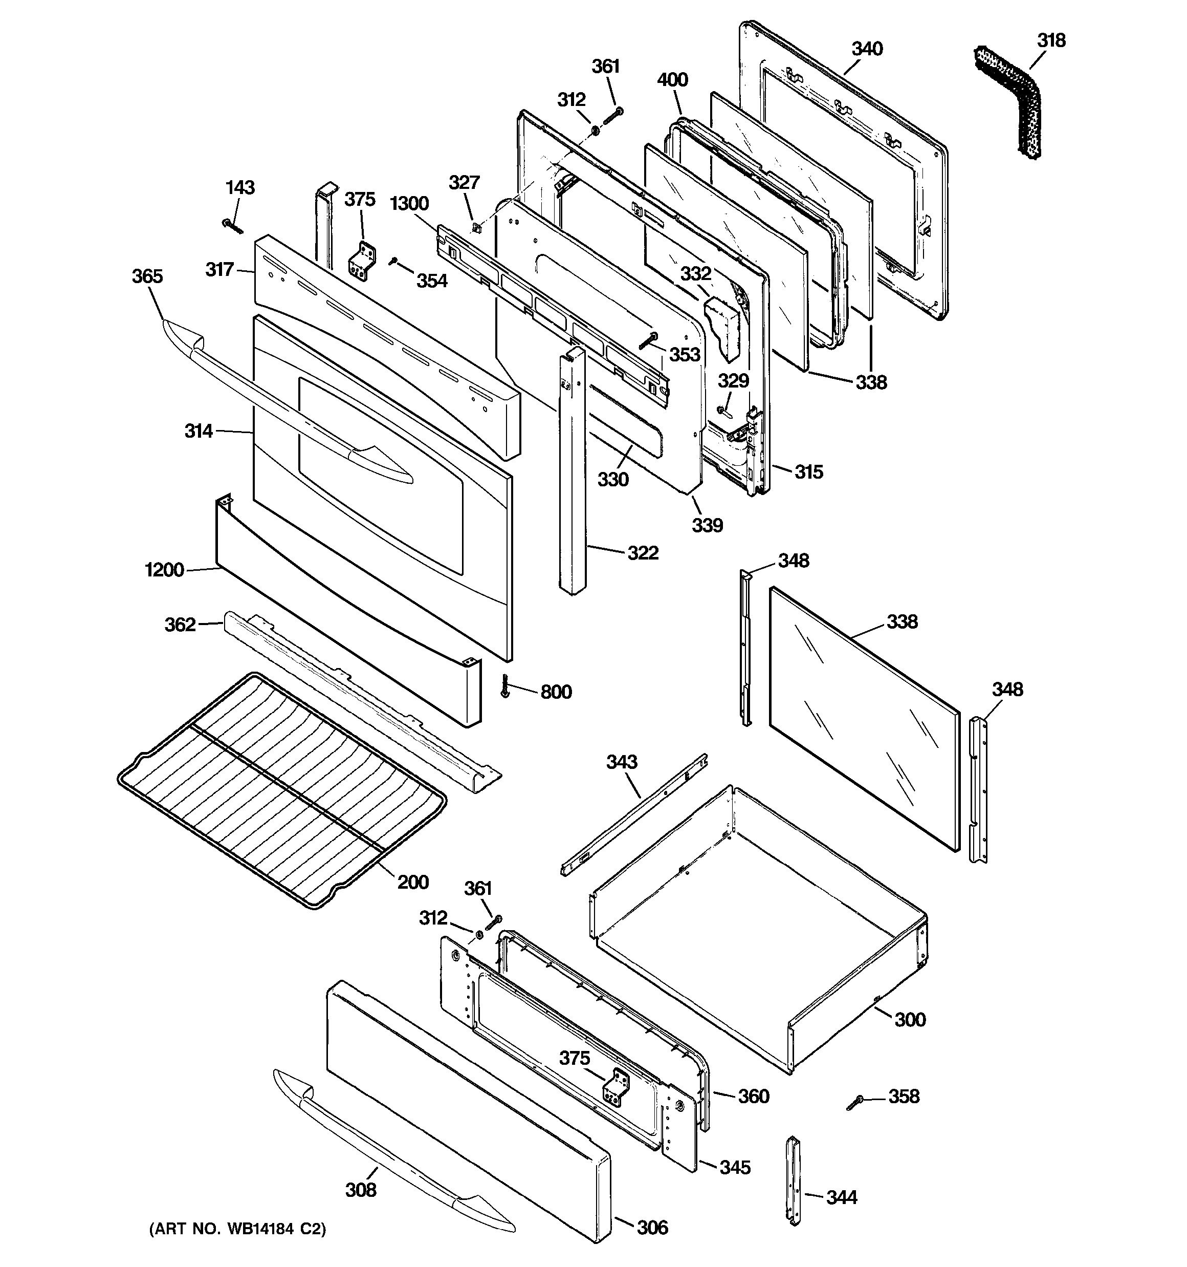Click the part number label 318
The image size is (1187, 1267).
point(1051,41)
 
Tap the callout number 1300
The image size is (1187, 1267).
point(409,204)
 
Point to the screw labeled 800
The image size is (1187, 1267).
point(506,686)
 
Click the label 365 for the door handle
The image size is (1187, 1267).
point(147,276)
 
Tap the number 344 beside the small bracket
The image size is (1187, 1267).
point(842,1197)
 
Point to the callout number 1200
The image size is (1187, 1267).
point(164,570)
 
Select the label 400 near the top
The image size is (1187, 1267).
point(672,80)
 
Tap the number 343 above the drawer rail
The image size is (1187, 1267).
point(621,762)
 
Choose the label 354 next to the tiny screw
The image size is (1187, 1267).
point(432,281)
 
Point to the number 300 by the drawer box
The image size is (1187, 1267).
point(910,1020)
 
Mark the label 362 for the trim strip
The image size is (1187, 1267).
point(180,624)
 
